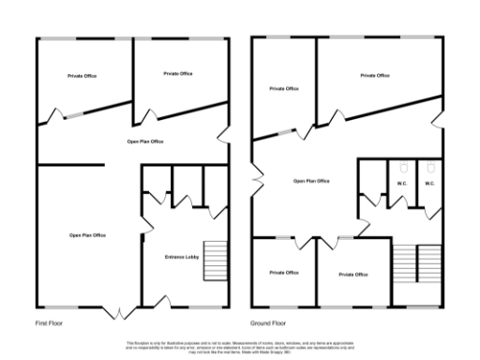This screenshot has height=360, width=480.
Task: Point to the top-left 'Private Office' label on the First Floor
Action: point(83,75)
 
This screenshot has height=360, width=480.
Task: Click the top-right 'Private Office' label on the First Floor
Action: point(178,73)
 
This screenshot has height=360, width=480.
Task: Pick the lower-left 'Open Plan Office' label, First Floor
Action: point(87,234)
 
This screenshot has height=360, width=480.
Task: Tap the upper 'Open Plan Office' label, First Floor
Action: point(145,141)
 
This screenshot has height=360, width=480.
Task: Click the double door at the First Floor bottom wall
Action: point(120,311)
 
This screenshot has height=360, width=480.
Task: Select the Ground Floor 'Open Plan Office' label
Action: point(311,181)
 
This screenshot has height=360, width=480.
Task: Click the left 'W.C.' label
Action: point(401,184)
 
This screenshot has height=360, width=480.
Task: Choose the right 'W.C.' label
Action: point(429,184)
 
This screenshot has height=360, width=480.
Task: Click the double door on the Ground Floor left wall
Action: point(252,175)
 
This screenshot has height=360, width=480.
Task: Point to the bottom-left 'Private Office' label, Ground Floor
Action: point(284,273)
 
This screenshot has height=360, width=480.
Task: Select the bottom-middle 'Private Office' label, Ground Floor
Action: point(352,275)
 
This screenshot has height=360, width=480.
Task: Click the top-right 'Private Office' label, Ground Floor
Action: point(375,75)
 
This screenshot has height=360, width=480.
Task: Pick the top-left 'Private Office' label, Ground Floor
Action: point(284,89)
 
